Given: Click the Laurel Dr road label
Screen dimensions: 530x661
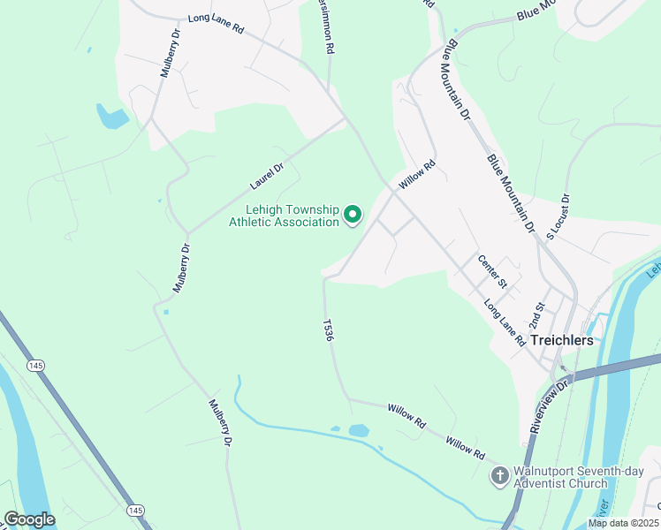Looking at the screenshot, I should pos(266,175).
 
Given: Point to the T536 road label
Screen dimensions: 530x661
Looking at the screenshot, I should pos(329,331).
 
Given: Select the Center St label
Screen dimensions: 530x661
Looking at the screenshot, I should pos(491,271).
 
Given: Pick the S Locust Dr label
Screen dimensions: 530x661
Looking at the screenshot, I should pos(558,217).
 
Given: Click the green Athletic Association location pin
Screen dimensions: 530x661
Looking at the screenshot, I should pos(353,215).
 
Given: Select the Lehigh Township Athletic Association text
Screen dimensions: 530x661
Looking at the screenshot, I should pos(284,216).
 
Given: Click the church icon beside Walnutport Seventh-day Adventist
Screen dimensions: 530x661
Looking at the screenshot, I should pos(498,476).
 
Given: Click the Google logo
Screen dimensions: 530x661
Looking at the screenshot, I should pos(29,519).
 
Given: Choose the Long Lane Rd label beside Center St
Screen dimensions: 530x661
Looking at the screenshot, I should pos(505,322).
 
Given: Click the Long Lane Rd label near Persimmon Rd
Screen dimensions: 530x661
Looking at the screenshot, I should pos(215,22).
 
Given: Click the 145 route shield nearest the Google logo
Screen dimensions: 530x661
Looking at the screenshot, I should pos(135,511).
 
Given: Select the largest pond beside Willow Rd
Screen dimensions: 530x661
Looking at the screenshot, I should pos(359,430).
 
